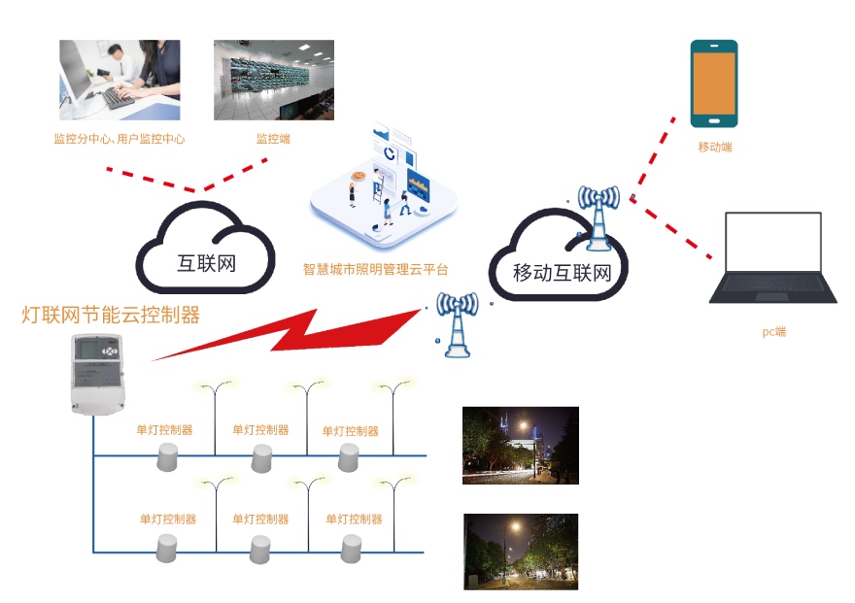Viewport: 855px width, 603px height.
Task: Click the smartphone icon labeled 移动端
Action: (x=713, y=84)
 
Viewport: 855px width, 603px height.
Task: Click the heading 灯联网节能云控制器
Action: (x=111, y=315)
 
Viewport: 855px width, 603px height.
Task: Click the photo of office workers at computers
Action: (x=120, y=80)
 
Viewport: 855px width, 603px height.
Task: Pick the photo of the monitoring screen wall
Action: (x=273, y=80)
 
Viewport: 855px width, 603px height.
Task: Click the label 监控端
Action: (x=273, y=139)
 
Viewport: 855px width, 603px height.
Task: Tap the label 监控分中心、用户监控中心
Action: (x=120, y=139)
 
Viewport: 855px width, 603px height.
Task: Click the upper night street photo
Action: (x=520, y=445)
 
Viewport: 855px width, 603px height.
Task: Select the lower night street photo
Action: (x=520, y=552)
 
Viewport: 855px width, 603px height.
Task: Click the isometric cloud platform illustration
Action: (x=384, y=184)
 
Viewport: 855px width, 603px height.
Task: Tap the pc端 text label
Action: (x=773, y=332)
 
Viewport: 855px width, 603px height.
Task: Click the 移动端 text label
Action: (x=714, y=147)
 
